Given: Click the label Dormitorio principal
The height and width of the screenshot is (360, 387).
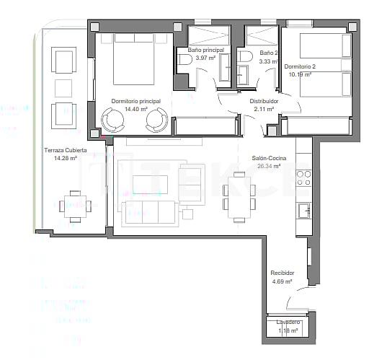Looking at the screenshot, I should (135, 102).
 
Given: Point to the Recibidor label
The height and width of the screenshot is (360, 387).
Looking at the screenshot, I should (282, 273).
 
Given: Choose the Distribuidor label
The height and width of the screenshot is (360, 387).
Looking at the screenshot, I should (264, 102).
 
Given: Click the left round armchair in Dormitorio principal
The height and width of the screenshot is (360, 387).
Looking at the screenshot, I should (113, 120).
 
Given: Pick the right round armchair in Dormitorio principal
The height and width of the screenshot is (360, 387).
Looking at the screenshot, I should (156, 120).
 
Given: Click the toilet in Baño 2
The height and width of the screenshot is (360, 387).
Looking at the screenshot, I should (246, 57).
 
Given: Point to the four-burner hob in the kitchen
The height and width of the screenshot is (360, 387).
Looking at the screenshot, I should (304, 178).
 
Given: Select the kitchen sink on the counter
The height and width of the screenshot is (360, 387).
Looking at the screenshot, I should (304, 211).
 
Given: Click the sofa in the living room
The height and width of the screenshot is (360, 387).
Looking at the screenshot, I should (150, 211).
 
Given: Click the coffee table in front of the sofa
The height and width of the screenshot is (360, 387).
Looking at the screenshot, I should (150, 185).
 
